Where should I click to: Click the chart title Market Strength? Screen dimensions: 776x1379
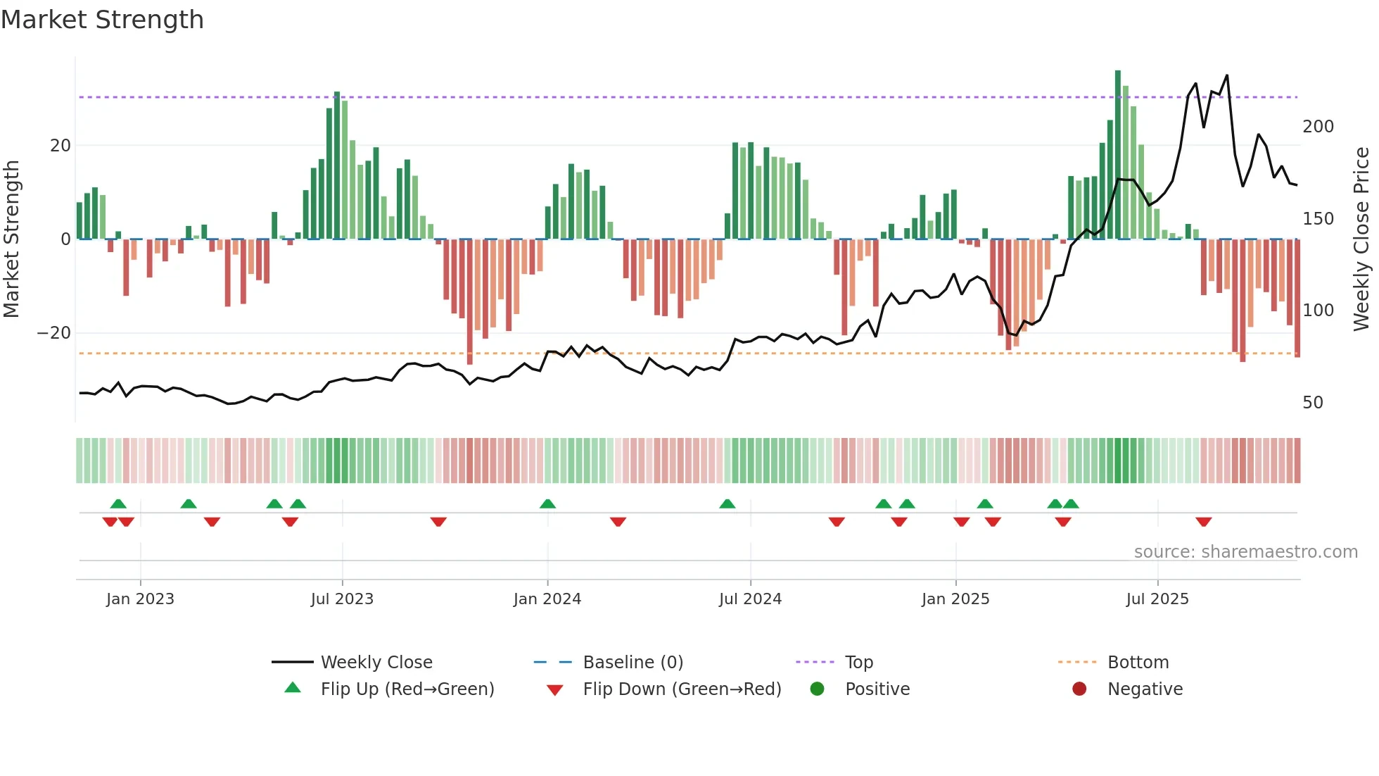click(102, 20)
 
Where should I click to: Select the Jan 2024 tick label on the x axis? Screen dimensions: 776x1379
click(547, 599)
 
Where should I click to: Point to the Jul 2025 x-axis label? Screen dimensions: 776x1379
click(1157, 599)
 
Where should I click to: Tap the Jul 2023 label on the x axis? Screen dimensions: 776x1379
click(342, 599)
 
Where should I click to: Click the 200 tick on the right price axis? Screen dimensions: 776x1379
click(1318, 127)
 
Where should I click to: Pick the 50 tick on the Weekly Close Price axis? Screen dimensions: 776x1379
click(1312, 403)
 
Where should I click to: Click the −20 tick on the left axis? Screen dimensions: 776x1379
click(54, 333)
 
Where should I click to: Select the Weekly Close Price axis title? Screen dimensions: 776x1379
click(1361, 239)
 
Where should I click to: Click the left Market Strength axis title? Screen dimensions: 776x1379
click(11, 239)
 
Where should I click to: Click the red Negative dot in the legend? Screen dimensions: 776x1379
click(1079, 689)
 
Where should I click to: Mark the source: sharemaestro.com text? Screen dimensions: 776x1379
click(1245, 552)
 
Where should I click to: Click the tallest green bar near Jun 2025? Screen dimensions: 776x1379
click(1117, 155)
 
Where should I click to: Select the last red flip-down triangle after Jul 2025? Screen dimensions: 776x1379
click(1203, 522)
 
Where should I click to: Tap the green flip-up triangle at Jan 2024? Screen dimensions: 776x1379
click(547, 503)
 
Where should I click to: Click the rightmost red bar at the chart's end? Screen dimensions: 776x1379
click(1297, 299)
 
